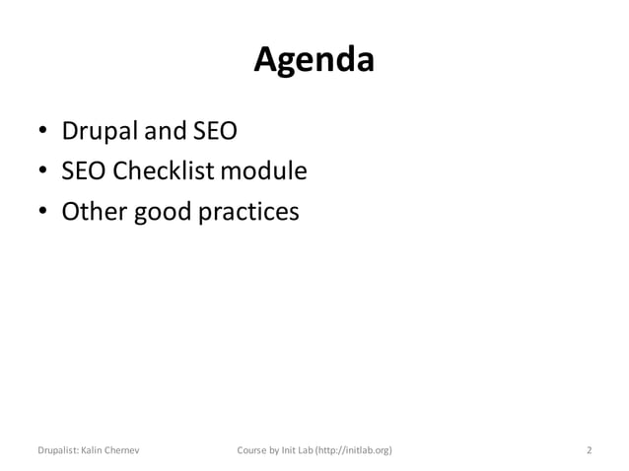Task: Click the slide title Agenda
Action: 314,61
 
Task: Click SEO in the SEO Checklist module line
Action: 83,171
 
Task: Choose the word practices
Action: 247,213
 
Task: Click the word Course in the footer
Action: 254,450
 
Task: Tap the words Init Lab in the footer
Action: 301,450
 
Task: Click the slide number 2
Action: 589,450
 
